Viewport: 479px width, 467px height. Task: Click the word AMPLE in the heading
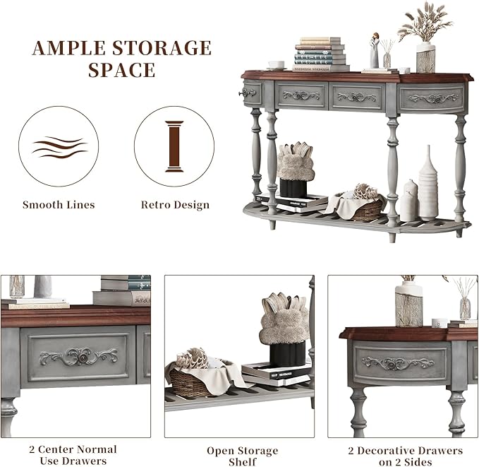pyautogui.click(x=68, y=48)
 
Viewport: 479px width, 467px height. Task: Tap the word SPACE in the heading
pyautogui.click(x=122, y=70)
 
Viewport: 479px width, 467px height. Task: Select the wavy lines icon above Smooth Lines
pyautogui.click(x=60, y=147)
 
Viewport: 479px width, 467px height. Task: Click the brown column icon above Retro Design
pyautogui.click(x=174, y=146)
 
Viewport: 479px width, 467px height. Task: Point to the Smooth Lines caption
pyautogui.click(x=59, y=204)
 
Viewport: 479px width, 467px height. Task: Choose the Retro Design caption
pyautogui.click(x=175, y=205)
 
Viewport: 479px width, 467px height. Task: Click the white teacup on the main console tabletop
pyautogui.click(x=277, y=65)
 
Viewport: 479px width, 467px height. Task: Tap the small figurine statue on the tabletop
pyautogui.click(x=375, y=50)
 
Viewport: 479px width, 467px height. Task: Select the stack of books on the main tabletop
pyautogui.click(x=320, y=54)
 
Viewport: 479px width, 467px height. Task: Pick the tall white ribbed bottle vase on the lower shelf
pyautogui.click(x=428, y=184)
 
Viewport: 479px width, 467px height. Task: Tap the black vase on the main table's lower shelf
pyautogui.click(x=293, y=188)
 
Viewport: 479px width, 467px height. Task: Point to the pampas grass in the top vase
pyautogui.click(x=425, y=22)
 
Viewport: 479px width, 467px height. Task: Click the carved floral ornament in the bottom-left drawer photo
pyautogui.click(x=79, y=356)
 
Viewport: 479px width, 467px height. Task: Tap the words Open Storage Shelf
pyautogui.click(x=242, y=456)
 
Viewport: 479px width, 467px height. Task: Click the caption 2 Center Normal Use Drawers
pyautogui.click(x=73, y=455)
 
